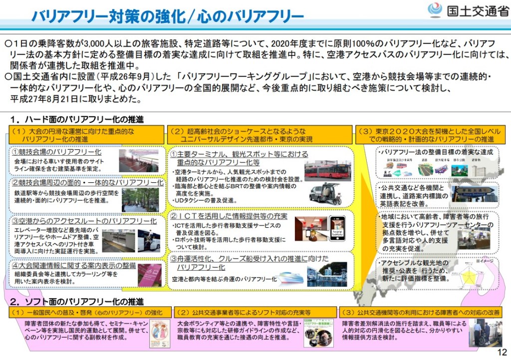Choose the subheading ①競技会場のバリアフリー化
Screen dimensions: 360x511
[57, 151]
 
